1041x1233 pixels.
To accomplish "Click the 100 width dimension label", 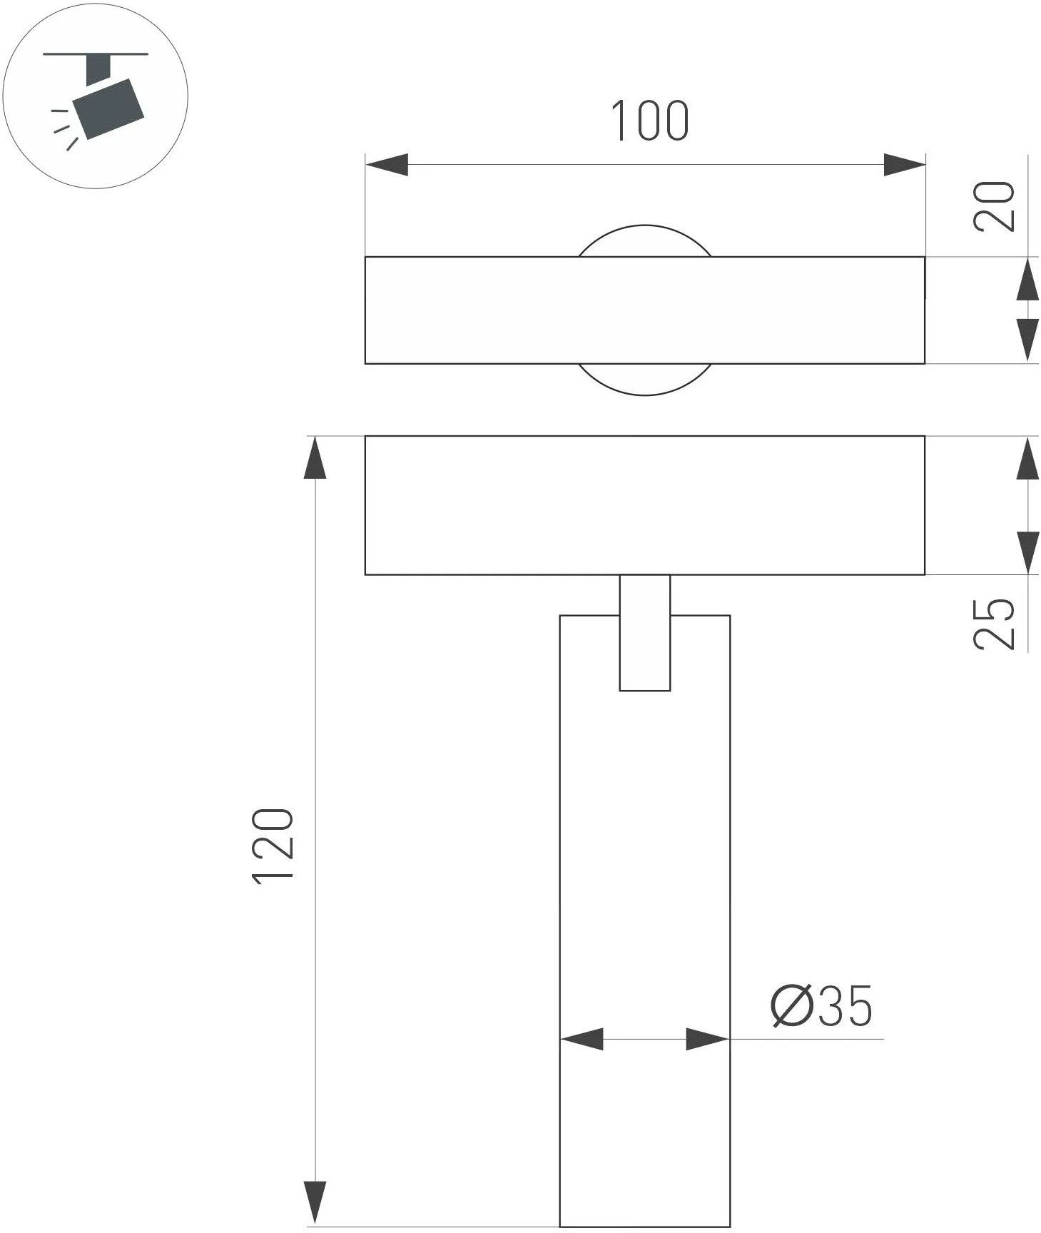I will coord(650,121).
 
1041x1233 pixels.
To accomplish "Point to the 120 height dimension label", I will coord(273,846).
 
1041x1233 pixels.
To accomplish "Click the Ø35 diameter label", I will coord(821,1006).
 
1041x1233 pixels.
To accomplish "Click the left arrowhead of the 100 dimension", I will coord(387,165).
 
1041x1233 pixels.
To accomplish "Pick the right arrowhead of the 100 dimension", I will coord(904,165).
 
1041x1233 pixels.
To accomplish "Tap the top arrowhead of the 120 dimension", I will coord(315,457).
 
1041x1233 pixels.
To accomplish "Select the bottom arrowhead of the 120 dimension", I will coord(315,1203).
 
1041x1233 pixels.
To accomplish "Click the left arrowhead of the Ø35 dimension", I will coord(582,1040).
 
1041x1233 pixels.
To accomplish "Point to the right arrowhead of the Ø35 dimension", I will coord(708,1040).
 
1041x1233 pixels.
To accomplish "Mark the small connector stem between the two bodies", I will coord(645,632).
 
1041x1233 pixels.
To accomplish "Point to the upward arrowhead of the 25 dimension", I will coord(1027,459).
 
